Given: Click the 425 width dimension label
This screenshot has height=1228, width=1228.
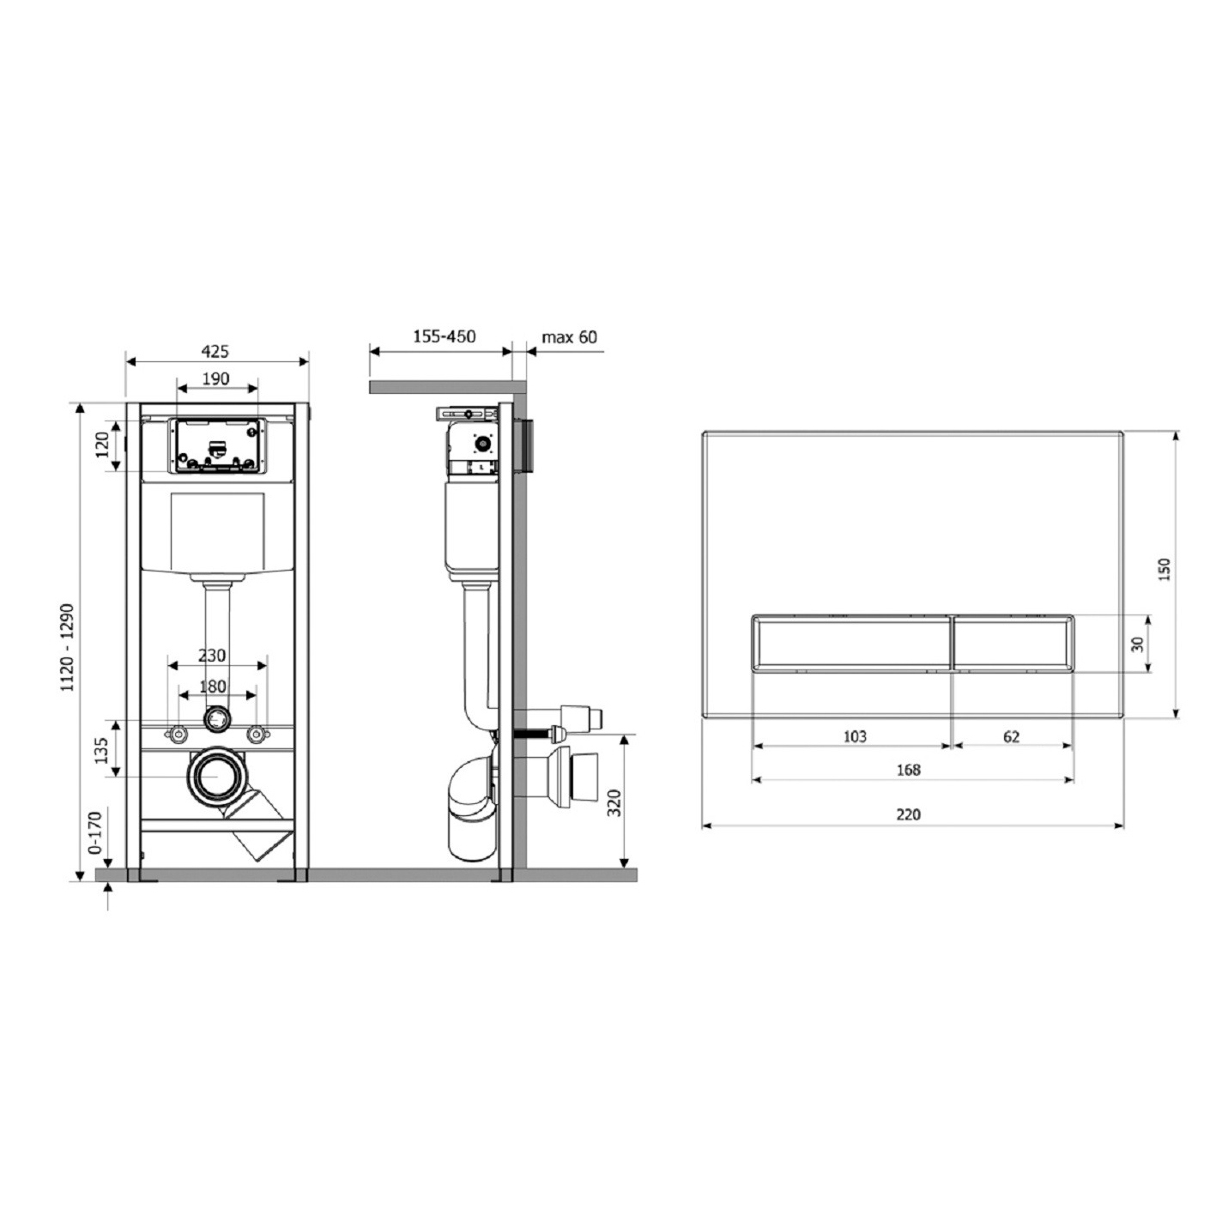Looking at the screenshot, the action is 215,351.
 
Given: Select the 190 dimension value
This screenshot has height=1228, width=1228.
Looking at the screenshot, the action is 215,378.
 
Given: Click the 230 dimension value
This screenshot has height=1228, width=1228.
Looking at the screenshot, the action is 212,655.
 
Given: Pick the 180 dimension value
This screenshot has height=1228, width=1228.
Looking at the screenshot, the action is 212,687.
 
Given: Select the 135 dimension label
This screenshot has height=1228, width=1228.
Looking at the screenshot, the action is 101,751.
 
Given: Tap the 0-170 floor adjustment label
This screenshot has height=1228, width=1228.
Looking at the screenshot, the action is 94,832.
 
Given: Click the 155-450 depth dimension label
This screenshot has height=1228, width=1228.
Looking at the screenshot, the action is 445,336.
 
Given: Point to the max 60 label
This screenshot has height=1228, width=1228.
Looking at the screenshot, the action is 569,336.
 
